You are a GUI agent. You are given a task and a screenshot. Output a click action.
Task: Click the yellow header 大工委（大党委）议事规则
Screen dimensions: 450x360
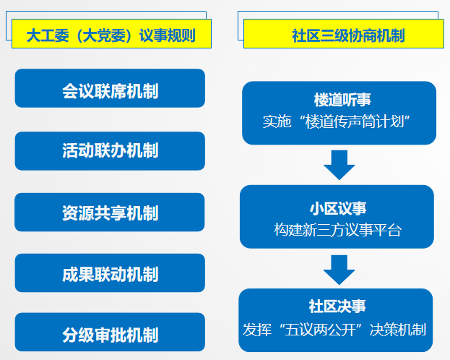tap(111, 34)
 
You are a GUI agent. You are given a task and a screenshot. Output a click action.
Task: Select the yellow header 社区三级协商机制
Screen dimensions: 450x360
tap(344, 34)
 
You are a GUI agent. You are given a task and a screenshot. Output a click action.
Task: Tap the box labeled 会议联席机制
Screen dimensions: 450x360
tap(110, 88)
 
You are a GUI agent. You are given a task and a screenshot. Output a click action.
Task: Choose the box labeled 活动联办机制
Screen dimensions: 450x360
tap(110, 151)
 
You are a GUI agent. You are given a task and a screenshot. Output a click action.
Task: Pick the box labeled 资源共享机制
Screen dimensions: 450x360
tap(110, 212)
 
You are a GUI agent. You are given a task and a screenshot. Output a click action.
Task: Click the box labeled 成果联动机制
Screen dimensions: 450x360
tap(110, 273)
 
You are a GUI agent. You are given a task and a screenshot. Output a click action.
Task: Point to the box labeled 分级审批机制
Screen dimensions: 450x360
tap(110, 332)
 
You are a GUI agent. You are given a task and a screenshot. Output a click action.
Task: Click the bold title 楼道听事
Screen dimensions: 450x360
tap(342, 100)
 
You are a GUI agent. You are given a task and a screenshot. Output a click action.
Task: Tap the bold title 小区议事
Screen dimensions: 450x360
tap(338, 208)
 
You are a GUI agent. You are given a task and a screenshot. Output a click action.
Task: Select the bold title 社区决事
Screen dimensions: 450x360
tap(337, 306)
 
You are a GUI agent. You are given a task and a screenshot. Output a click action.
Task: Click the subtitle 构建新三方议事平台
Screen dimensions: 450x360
tap(337, 230)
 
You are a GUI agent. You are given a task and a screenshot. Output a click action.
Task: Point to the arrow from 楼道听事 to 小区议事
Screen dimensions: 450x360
tap(339, 165)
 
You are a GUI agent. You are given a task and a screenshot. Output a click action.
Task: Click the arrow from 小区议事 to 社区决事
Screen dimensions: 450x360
tap(339, 270)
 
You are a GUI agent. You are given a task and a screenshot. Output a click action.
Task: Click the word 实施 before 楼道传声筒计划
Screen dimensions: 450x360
tap(277, 121)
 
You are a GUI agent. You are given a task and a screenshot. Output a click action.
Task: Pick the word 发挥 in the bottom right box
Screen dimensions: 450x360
tap(257, 330)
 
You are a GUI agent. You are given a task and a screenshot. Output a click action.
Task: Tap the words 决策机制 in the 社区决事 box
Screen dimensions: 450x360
tap(398, 330)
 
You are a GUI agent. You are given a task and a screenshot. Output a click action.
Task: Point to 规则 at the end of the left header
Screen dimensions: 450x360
tap(181, 35)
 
